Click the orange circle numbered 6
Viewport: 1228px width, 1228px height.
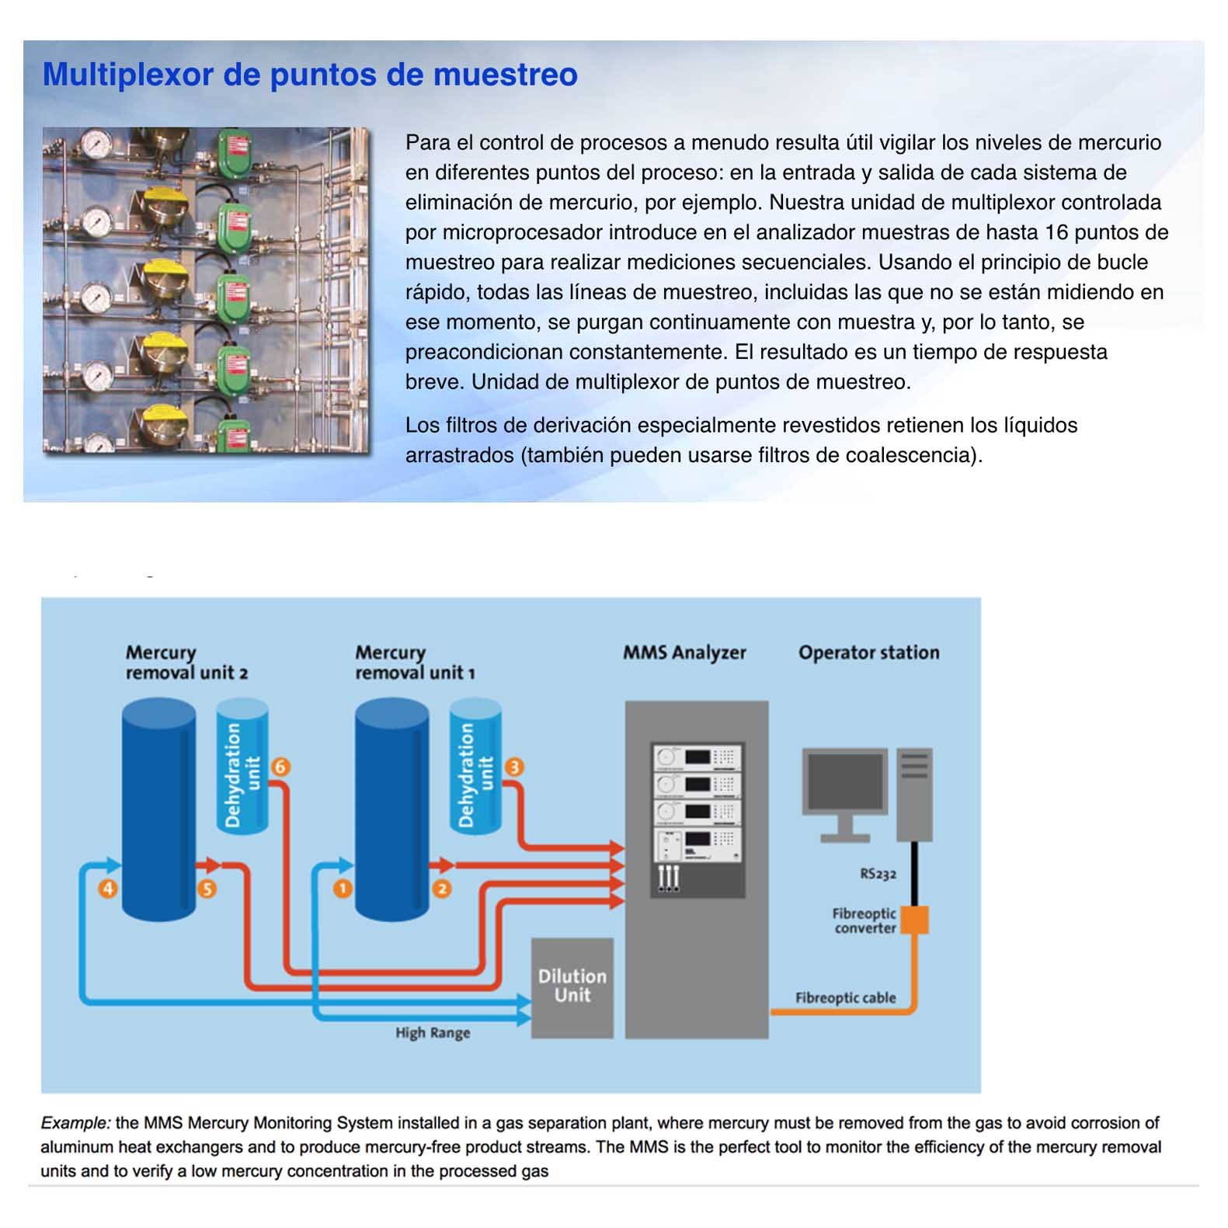click(x=280, y=767)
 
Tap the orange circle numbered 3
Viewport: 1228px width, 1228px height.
click(x=513, y=767)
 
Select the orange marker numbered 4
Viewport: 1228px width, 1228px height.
click(x=108, y=889)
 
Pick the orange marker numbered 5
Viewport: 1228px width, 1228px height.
click(x=207, y=889)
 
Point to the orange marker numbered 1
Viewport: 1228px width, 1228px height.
click(x=343, y=889)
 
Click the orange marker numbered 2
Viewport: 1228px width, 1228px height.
click(x=442, y=889)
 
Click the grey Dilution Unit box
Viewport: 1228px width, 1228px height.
click(x=572, y=986)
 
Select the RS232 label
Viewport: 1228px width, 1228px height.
click(x=878, y=874)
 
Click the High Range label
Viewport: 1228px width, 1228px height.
click(x=433, y=1033)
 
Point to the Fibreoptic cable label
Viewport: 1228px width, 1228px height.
click(x=845, y=998)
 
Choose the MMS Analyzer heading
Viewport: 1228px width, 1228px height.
click(x=684, y=652)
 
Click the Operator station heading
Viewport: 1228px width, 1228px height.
click(x=868, y=652)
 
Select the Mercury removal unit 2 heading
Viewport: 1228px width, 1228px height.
click(x=186, y=663)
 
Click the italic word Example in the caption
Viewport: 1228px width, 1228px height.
click(x=75, y=1122)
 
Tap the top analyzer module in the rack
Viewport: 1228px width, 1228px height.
click(x=697, y=757)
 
